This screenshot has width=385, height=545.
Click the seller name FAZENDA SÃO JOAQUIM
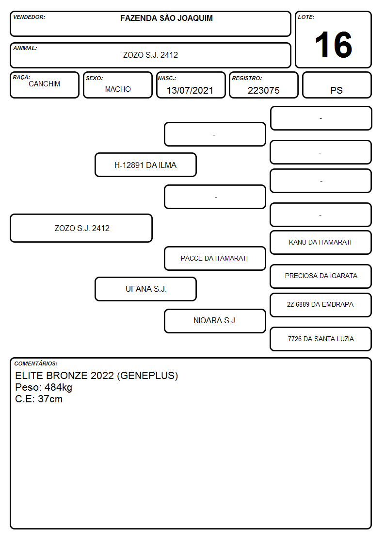[x=166, y=18]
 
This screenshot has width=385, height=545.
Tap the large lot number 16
[x=333, y=45]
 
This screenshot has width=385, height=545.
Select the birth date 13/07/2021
[x=190, y=90]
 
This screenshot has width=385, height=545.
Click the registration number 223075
[x=263, y=90]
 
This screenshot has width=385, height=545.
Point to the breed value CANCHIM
[x=45, y=84]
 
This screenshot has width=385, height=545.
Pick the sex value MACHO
[x=118, y=89]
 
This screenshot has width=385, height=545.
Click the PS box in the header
[x=337, y=85]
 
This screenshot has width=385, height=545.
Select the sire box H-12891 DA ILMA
[x=145, y=165]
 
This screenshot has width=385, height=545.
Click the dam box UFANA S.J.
[x=145, y=289]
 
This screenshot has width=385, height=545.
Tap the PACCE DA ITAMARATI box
[x=215, y=258]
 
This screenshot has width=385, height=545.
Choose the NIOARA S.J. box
[x=215, y=321]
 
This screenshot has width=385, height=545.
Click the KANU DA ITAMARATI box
[x=321, y=242]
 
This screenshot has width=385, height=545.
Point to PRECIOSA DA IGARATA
[x=321, y=276]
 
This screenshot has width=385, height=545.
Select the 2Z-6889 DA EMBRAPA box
[x=321, y=305]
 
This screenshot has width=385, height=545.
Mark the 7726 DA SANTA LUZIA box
[x=321, y=339]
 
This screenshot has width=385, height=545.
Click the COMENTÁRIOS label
[x=36, y=363]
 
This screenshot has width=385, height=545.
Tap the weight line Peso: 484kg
[x=44, y=387]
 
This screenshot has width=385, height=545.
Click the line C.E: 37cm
[x=39, y=399]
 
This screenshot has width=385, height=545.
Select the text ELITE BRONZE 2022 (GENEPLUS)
[x=96, y=376]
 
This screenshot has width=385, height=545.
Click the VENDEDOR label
[x=29, y=17]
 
